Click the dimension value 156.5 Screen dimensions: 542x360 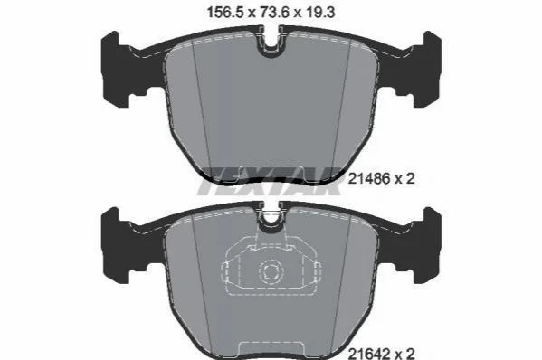coord(226,13)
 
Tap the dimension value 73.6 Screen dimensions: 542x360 coord(274,13)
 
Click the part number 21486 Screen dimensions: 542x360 coord(369,178)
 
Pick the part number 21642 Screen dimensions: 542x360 coord(369,354)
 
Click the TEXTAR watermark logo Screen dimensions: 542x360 coord(270,181)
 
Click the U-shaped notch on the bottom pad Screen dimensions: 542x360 coord(271,217)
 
